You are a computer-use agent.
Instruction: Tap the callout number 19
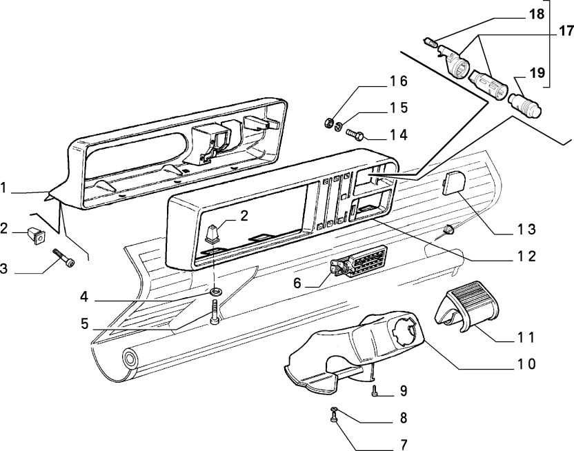coord(537,72)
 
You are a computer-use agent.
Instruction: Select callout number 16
coord(399,82)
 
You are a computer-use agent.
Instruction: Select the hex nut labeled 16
coord(328,124)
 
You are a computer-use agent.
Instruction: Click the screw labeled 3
coord(63,261)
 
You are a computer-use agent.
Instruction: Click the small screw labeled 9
coord(374,392)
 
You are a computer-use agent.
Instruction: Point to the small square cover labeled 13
coord(453,186)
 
